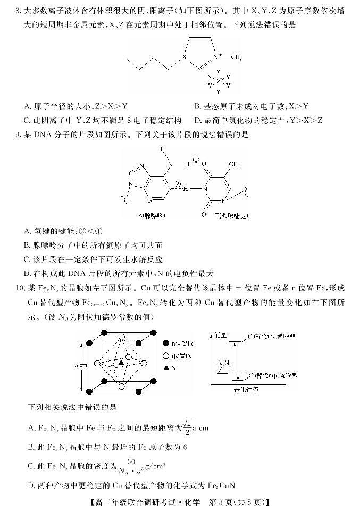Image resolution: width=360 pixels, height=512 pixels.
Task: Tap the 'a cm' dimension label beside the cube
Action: pyautogui.click(x=76, y=366)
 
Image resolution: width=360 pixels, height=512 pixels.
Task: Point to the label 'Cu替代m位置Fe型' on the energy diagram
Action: pyautogui.click(x=274, y=375)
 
